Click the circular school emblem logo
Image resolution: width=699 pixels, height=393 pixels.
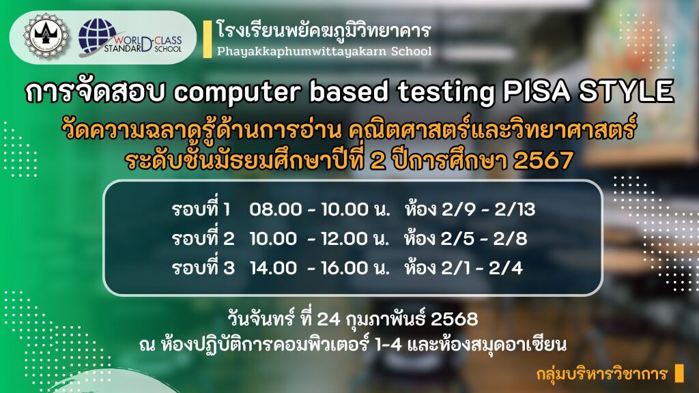[x=46, y=37]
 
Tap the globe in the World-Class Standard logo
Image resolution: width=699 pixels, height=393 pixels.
[x=96, y=37]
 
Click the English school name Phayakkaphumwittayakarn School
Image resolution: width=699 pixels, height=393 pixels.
[x=324, y=51]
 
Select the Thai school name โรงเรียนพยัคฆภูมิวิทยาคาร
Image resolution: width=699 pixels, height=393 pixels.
[x=324, y=30]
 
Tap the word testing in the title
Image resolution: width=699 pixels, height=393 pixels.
[x=446, y=93]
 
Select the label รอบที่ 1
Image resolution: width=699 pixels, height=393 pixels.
[x=201, y=209]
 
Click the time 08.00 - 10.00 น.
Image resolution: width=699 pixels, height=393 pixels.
[x=319, y=209]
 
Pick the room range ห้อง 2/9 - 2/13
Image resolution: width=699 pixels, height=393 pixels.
[x=470, y=209]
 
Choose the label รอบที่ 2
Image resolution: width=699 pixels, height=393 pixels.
[x=203, y=238]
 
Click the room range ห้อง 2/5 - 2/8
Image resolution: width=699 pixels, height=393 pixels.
[x=466, y=238]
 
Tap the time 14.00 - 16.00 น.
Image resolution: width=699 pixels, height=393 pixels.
[x=319, y=267]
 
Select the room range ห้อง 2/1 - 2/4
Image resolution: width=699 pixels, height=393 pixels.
[x=463, y=267]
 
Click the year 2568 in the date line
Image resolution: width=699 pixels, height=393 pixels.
[x=454, y=319]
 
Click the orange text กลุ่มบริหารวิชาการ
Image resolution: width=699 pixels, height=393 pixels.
[x=602, y=373]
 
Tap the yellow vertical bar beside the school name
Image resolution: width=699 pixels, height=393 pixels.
[x=208, y=39]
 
